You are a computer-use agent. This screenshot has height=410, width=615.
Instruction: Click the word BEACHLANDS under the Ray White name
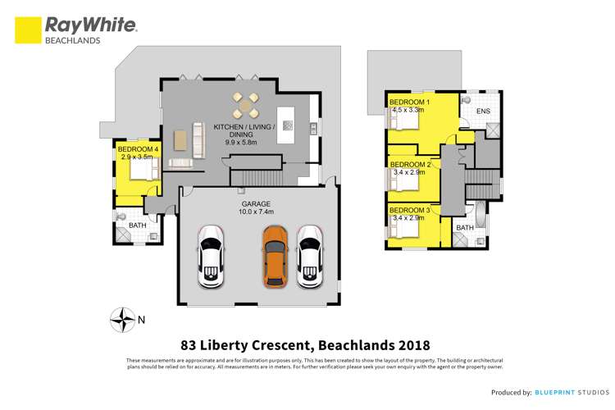[x=72, y=39]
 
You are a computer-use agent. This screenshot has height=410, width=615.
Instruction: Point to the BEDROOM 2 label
[x=411, y=164]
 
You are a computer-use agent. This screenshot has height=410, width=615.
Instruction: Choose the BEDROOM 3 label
[x=411, y=210]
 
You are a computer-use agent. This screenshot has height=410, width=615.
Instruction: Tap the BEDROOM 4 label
[x=138, y=148]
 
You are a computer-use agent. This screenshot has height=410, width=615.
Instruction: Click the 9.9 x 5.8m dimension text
[x=241, y=142]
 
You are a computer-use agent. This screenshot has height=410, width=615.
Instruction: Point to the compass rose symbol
[x=124, y=318]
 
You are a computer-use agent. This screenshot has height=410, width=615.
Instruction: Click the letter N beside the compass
[x=143, y=319]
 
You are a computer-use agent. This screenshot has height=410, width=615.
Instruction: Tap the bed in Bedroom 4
[x=143, y=169]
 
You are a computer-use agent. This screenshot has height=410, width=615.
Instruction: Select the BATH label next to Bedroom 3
[x=465, y=227]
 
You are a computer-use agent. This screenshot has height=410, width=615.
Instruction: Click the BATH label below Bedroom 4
[x=137, y=224]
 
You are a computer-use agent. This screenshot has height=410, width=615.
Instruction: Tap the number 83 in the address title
[x=189, y=345]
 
